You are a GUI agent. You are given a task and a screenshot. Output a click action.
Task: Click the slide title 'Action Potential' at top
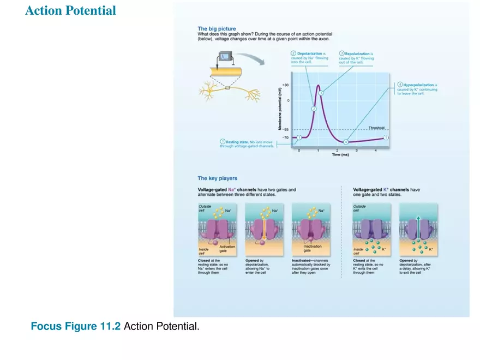pyautogui.click(x=70, y=11)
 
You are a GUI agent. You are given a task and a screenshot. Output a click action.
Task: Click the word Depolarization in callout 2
pyautogui.click(x=310, y=53)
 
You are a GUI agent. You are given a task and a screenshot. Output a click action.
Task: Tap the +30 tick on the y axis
pyautogui.click(x=285, y=86)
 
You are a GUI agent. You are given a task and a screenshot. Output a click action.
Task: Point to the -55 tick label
pyautogui.click(x=285, y=130)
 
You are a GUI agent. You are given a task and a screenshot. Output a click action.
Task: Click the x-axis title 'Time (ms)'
pyautogui.click(x=340, y=155)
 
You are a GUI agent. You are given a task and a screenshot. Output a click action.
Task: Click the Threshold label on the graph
pyautogui.click(x=376, y=128)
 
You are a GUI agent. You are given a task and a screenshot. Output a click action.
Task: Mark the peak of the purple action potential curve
pyautogui.click(x=318, y=85)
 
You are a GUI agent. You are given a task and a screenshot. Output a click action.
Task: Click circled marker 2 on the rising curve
pyautogui.click(x=314, y=109)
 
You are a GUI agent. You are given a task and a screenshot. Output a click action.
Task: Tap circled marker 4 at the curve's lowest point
pyautogui.click(x=345, y=142)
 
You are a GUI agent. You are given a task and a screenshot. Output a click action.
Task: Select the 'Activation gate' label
pyautogui.click(x=227, y=248)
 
